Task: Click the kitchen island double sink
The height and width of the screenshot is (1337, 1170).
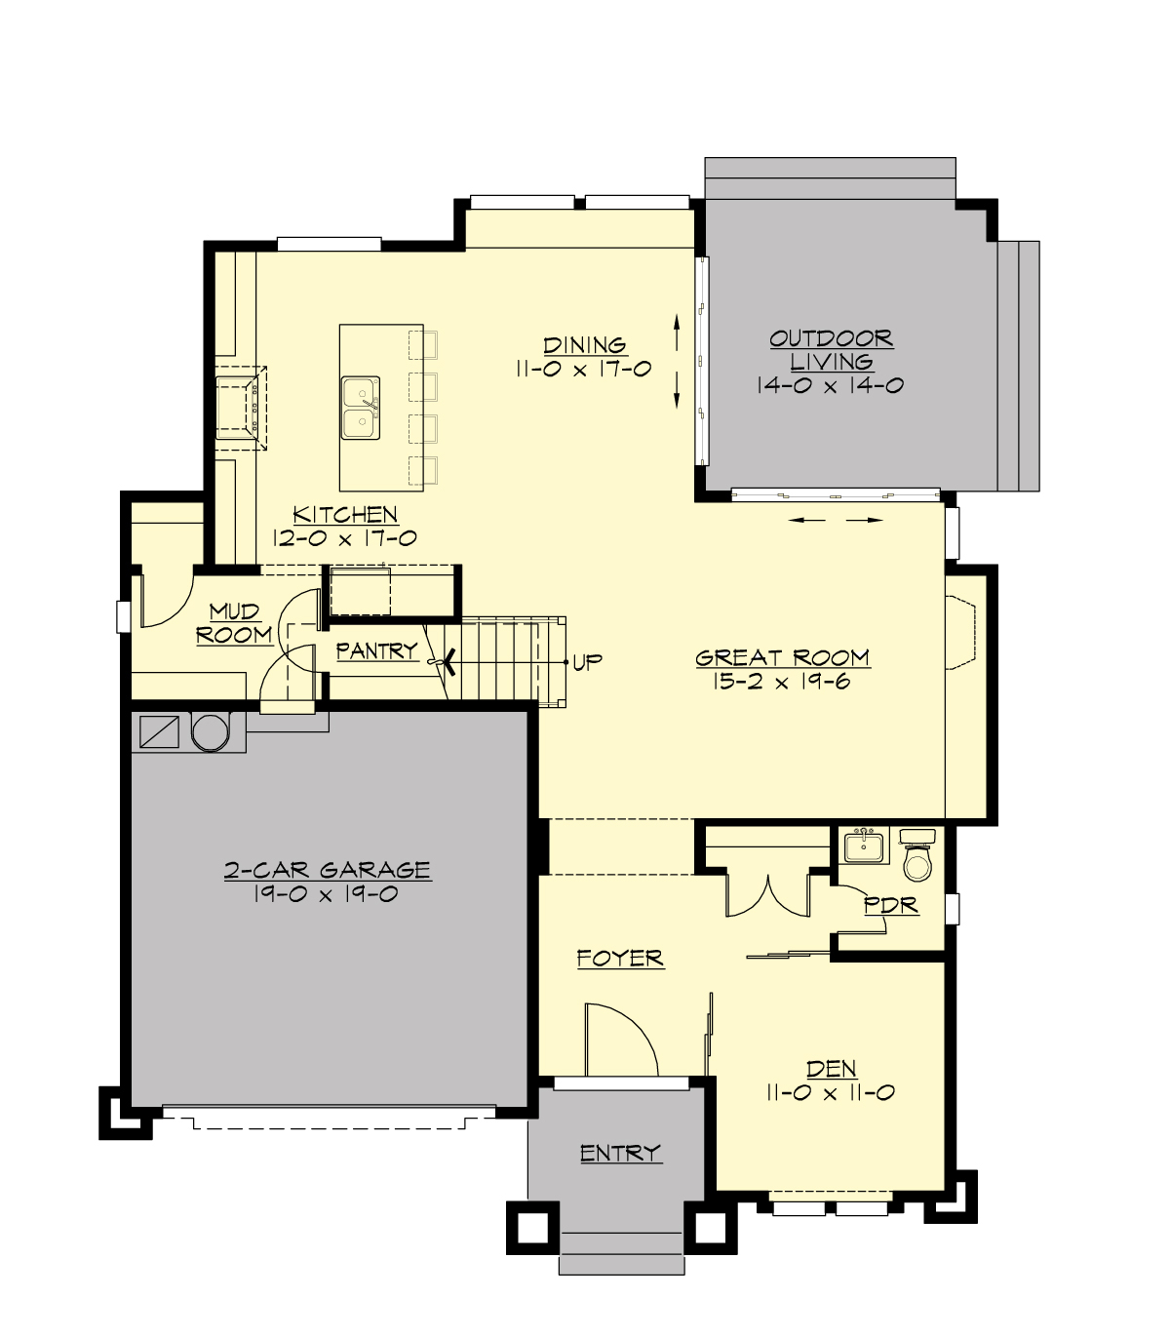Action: [x=361, y=408]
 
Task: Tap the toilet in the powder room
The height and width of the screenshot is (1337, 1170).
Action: [x=917, y=857]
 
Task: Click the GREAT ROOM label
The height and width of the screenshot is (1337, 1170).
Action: [x=782, y=658]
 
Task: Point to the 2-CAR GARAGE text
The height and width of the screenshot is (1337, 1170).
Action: [x=328, y=870]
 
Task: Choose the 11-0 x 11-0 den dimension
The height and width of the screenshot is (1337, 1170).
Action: [x=831, y=1093]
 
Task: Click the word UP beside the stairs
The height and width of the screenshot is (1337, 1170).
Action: [x=587, y=662]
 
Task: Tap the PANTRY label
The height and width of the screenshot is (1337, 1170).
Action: [x=377, y=650]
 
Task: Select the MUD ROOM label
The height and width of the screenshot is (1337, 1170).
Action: [x=235, y=623]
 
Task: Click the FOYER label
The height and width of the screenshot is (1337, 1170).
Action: [x=620, y=959]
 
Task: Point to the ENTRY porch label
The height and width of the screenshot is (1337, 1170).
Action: [x=620, y=1154]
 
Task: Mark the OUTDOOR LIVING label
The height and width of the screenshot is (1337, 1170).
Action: [x=831, y=350]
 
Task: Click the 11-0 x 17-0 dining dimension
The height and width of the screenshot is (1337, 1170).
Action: [x=584, y=370]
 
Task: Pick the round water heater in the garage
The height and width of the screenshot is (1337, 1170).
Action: [x=209, y=730]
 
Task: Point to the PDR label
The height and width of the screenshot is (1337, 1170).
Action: [x=891, y=906]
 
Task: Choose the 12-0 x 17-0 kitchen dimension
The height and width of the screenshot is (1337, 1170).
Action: [x=345, y=538]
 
